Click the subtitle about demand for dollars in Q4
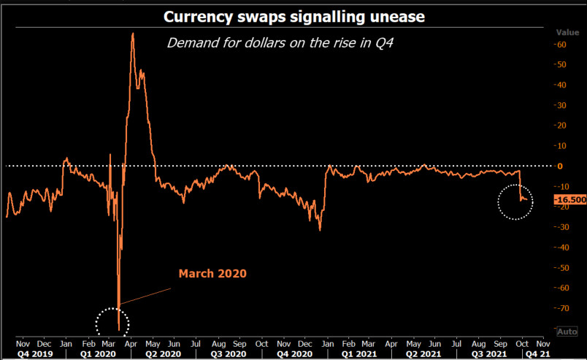tap(281, 42)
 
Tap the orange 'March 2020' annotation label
tap(212, 274)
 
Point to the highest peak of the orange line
tap(132, 34)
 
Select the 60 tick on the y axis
tap(561, 45)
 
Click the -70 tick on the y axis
tap(561, 308)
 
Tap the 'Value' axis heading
tap(567, 32)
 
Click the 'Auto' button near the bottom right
tap(567, 332)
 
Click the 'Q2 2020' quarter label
tap(162, 353)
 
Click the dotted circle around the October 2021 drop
tap(515, 201)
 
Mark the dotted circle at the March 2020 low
tap(112, 321)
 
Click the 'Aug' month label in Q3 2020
tap(218, 342)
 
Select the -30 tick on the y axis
tap(561, 227)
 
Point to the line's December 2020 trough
tap(320, 230)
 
